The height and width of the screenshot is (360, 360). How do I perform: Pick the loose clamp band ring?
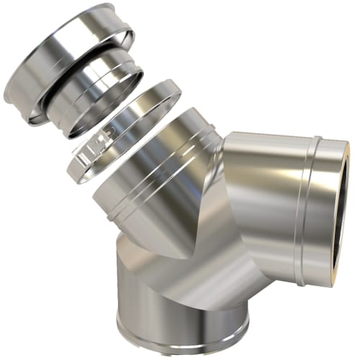[144, 108]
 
